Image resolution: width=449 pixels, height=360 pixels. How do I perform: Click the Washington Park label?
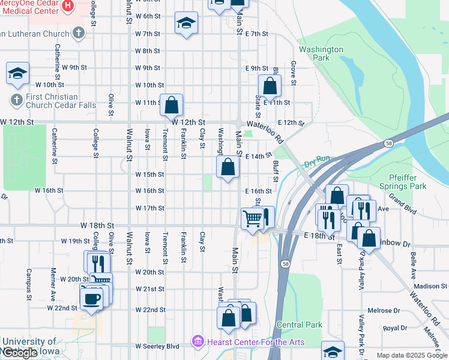tap(321, 54)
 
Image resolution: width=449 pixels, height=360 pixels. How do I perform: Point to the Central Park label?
tap(299, 325)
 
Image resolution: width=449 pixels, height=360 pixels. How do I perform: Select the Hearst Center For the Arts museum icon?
tap(197, 342)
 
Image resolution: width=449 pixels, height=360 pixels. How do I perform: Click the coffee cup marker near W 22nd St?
tap(92, 298)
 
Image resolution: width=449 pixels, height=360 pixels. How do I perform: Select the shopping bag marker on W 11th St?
tap(172, 104)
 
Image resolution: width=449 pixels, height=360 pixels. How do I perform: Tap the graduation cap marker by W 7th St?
tap(186, 23)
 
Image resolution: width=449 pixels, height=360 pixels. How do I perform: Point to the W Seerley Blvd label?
tap(157, 346)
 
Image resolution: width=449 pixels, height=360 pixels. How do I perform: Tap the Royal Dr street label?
tap(395, 328)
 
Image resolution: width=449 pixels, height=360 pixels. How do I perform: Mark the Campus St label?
tap(28, 284)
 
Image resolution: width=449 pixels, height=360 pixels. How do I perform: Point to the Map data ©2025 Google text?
tap(411, 355)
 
